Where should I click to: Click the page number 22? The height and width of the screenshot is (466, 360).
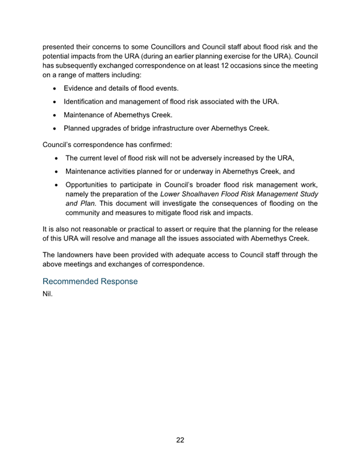(x=180, y=440)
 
